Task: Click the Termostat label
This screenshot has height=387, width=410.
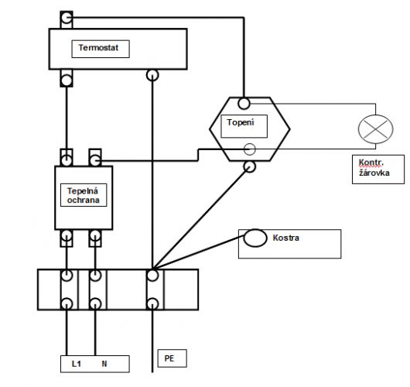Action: tap(98, 48)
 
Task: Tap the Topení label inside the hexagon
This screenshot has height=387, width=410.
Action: tap(241, 122)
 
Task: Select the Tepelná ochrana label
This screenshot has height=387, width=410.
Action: tap(83, 195)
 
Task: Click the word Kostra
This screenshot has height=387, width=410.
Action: tap(285, 238)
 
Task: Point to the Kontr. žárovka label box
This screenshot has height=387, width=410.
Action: tap(378, 170)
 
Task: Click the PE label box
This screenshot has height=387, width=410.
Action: tap(172, 358)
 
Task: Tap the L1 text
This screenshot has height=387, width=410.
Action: tap(77, 364)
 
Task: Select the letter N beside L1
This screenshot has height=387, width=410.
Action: tap(104, 364)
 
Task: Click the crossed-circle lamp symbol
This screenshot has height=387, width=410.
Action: tap(375, 129)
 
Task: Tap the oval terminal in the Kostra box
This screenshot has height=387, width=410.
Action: tap(255, 238)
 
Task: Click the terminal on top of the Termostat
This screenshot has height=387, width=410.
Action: tap(67, 18)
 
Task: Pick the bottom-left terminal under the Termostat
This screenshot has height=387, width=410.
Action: tap(67, 80)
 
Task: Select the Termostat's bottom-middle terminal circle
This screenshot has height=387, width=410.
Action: tap(152, 75)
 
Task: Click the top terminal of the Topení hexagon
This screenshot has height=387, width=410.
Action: tap(244, 104)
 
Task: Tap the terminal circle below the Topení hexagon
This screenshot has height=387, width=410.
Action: tap(249, 166)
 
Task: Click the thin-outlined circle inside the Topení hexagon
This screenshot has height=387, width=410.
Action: tap(249, 149)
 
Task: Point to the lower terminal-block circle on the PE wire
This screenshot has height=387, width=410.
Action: tap(152, 304)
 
